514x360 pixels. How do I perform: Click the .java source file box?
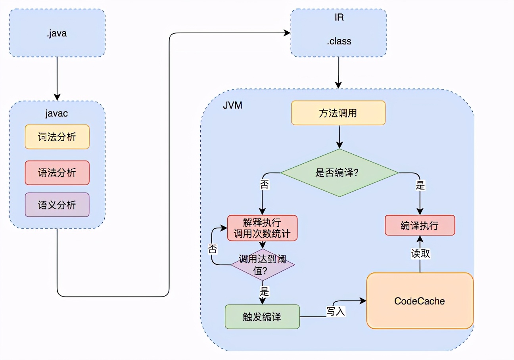[57, 33]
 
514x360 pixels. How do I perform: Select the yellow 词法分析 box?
[57, 137]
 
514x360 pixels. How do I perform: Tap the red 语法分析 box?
[57, 173]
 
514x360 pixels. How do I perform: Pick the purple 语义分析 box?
[57, 205]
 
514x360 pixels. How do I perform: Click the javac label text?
[57, 113]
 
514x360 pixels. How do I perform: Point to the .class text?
[339, 41]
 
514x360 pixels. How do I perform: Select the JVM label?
[232, 106]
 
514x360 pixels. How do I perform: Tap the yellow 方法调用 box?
[338, 113]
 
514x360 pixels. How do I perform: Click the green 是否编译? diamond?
[339, 173]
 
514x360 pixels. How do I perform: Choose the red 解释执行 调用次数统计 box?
[262, 228]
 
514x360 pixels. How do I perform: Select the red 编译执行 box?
[420, 226]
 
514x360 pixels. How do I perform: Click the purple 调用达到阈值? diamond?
[263, 265]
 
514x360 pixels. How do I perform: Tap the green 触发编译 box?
[262, 317]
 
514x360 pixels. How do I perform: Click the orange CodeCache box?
[420, 301]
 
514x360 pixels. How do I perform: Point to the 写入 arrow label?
[336, 311]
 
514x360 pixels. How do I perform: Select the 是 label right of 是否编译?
[420, 185]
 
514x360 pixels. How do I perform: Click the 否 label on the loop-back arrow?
[213, 249]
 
